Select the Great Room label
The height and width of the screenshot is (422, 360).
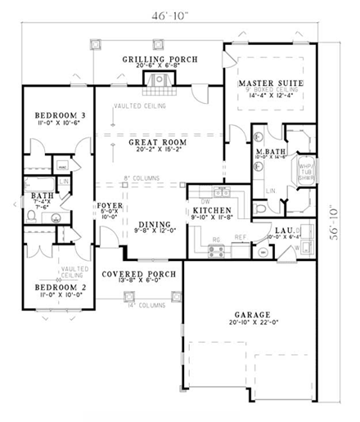click(x=158, y=142)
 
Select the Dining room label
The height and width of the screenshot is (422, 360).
click(x=152, y=225)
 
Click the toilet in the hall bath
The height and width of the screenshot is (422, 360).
click(x=31, y=216)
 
